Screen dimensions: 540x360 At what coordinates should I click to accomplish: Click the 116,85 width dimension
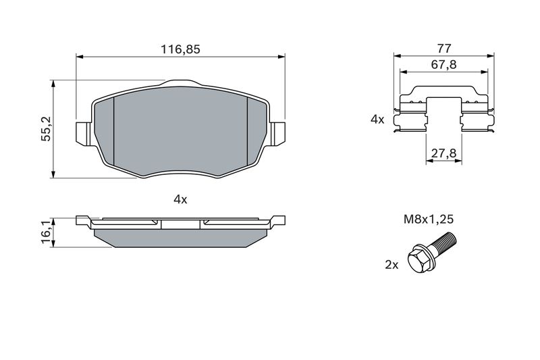pos(180,49)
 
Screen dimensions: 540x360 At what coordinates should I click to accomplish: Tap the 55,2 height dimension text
pos(46,129)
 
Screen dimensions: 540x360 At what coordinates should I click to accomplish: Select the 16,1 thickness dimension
pos(46,233)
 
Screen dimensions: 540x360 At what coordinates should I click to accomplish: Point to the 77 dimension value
pos(444,48)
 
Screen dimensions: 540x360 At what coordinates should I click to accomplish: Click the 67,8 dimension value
pos(444,64)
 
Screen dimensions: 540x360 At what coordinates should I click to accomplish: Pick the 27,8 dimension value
pos(444,153)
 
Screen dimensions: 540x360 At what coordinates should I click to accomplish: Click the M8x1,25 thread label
pos(429,219)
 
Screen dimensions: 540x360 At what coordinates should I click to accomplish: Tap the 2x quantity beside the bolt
pos(391,265)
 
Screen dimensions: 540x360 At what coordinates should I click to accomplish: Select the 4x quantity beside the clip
pos(377,120)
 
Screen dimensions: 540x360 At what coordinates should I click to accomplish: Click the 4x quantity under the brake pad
pos(180,199)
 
